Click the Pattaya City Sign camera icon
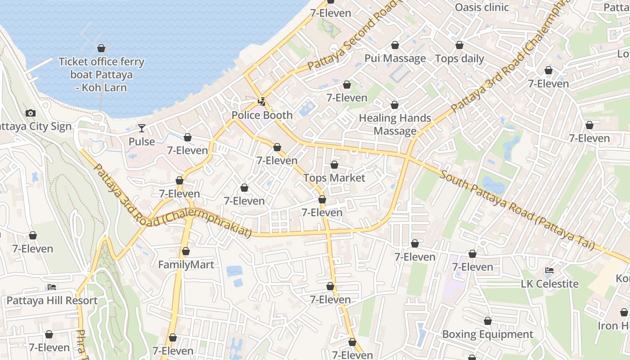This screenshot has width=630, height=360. pos(31,113)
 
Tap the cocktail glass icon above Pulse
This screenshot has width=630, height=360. pos(142,128)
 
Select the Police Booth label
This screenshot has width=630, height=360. pos(262,115)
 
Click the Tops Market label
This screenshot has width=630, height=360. pos(334,178)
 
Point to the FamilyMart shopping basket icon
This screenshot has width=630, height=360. pos(186,251)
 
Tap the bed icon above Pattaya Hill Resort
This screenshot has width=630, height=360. pos(52,287)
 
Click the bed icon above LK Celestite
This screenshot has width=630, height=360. pos(549,270)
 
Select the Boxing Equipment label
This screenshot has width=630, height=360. pos(487,334)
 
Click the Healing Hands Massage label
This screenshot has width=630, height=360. pos(395,125)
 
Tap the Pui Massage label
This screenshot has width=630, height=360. pos(395,58)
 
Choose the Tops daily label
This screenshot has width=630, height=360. pos(459,58)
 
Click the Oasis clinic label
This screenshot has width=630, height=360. pos(481,7)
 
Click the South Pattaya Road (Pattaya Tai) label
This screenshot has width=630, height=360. pos(517,210)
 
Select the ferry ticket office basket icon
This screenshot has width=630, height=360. pos(101,48)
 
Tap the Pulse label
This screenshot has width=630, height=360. pos(142,142)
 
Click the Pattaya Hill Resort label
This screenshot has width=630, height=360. pos(52,300)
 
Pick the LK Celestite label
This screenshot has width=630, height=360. pos(549,284)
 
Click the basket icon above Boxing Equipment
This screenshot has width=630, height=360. pos(487,321)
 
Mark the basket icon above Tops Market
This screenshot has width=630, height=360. pos(334,165)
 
